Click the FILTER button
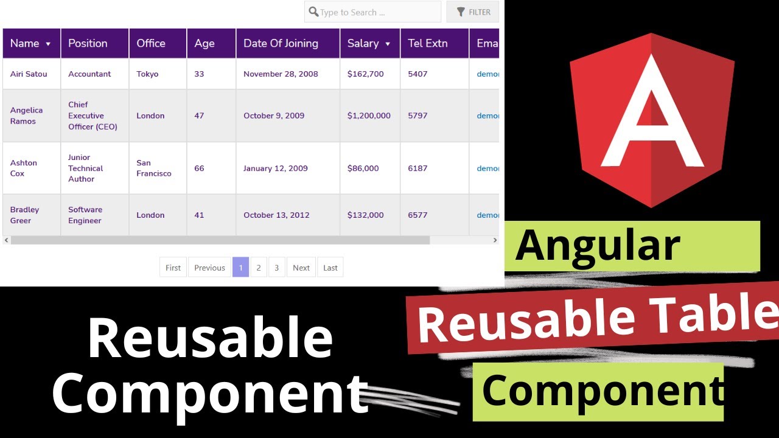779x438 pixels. [x=472, y=12]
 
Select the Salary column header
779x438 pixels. [x=363, y=43]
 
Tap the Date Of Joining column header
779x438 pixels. [x=281, y=43]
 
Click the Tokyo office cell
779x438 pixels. [x=147, y=74]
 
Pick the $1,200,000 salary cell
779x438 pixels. [x=369, y=116]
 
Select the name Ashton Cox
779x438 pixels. [x=24, y=168]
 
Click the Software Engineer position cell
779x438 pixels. [x=85, y=215]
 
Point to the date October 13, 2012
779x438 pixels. [x=276, y=215]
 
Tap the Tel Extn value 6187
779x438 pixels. [x=417, y=168]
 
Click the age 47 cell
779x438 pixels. [x=199, y=116]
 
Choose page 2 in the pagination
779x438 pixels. [x=259, y=268]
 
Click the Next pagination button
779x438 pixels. [x=301, y=268]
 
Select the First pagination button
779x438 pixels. [x=173, y=268]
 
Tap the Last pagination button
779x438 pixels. [x=330, y=268]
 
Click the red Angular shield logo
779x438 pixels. [x=652, y=119]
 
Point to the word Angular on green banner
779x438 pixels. [x=598, y=245]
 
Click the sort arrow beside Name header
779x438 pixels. [x=48, y=44]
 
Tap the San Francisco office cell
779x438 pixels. [x=153, y=168]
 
